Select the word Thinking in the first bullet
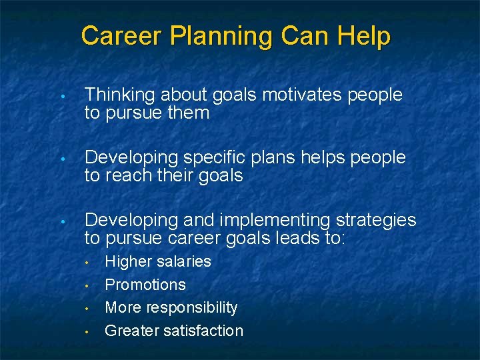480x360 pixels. (117, 95)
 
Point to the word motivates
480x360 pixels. (303, 95)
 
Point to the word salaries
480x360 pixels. (183, 261)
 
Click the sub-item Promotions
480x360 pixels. (145, 285)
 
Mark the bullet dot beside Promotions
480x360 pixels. (87, 285)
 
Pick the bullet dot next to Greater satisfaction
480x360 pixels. (87, 331)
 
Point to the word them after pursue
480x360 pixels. (189, 113)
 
